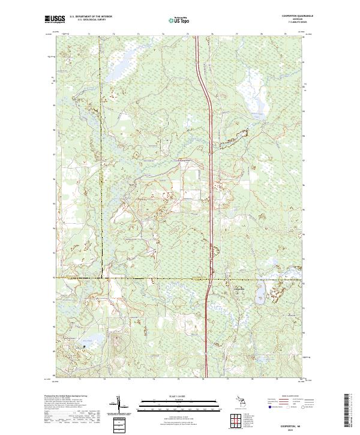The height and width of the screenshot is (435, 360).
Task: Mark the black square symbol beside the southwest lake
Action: pyautogui.click(x=85, y=346)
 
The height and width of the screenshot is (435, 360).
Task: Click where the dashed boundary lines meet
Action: pyautogui.click(x=101, y=278)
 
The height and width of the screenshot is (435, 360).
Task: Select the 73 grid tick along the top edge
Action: pyautogui.click(x=138, y=34)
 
